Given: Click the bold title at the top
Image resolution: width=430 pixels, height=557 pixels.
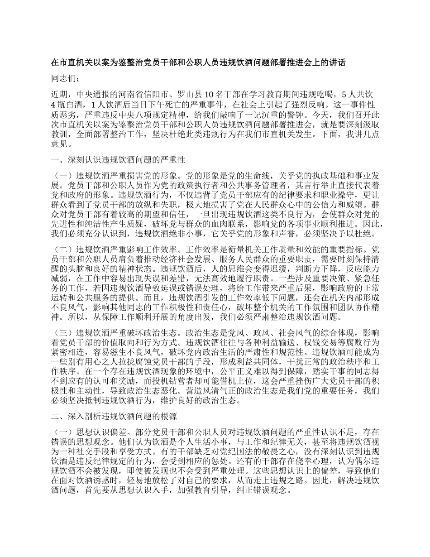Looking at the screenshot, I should click(198, 62).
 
